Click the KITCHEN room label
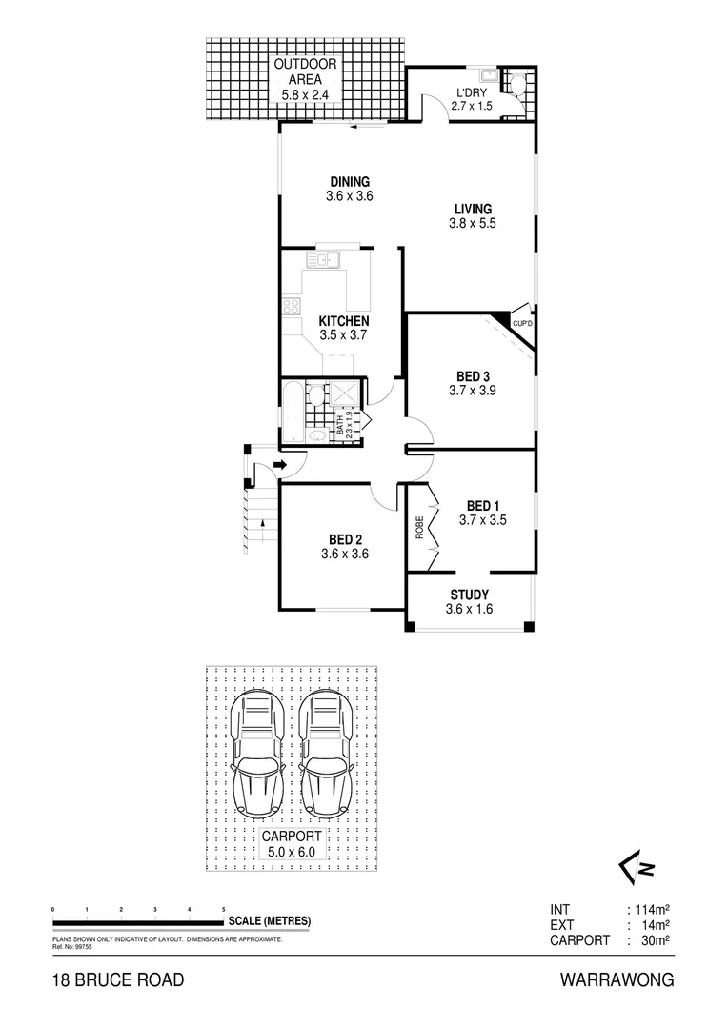click(343, 321)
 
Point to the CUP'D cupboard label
click(522, 325)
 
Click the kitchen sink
click(324, 258)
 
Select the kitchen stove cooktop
click(291, 307)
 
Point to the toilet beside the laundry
click(517, 85)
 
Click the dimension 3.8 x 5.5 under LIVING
click(473, 224)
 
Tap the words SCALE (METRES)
click(269, 921)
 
